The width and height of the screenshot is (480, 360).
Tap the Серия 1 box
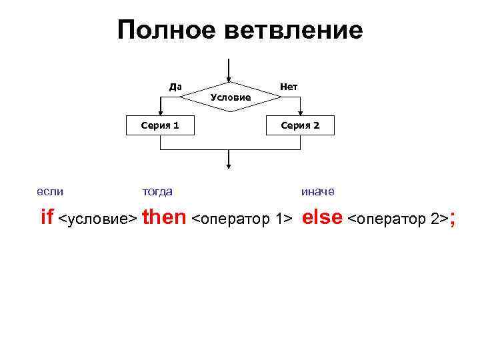[x=160, y=125]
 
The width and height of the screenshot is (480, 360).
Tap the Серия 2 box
[x=300, y=125]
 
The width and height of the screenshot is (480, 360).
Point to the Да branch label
[x=175, y=87]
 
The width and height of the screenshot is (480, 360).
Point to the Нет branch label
[x=289, y=87]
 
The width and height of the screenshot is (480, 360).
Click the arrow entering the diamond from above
[x=229, y=70]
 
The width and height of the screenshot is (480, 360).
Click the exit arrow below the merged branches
[x=229, y=160]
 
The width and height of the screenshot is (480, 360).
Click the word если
[x=50, y=192]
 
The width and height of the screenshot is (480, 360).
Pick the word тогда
[x=158, y=192]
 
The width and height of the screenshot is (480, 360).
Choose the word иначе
[x=318, y=192]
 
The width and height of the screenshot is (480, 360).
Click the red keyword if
[x=47, y=217]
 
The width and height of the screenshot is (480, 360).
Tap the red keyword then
[x=164, y=217]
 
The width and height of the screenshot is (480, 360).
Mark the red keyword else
[x=323, y=217]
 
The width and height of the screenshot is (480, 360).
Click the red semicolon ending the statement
[x=453, y=219]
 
